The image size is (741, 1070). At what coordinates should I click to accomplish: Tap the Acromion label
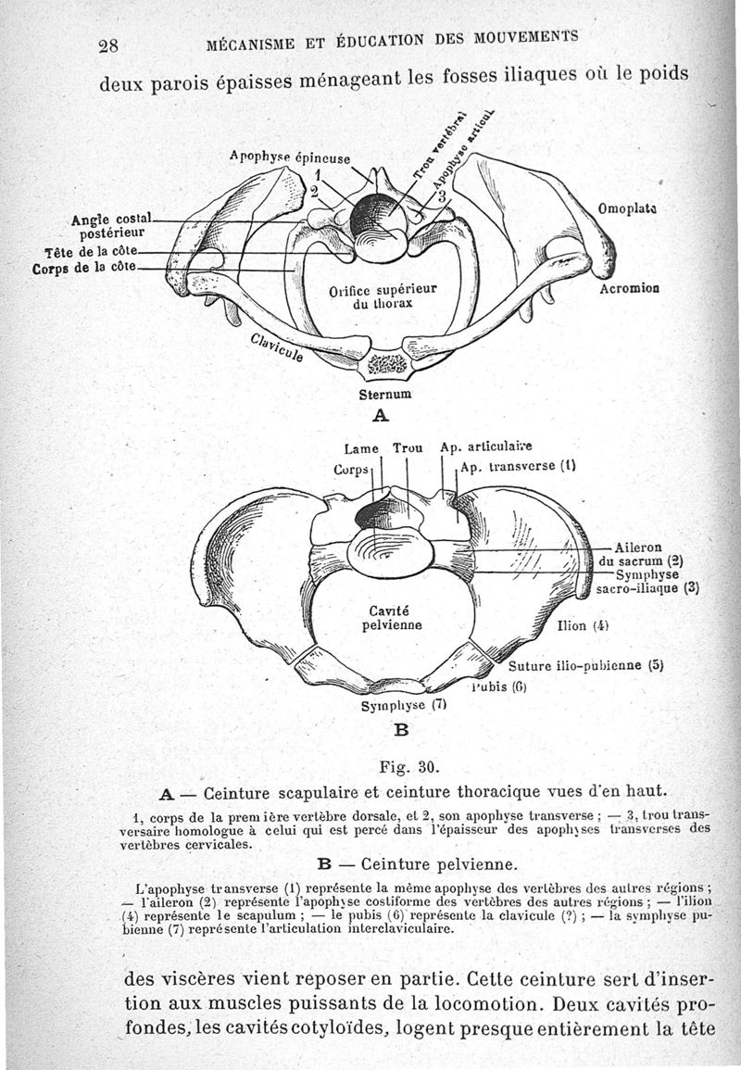click(629, 288)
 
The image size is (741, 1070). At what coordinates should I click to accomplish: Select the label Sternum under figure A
click(384, 394)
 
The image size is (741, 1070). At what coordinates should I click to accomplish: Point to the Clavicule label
click(273, 350)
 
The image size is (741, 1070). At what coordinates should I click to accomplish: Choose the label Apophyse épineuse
click(289, 157)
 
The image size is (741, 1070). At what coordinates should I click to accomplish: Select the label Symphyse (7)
click(404, 703)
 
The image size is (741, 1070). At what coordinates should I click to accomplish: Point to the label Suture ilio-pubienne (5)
click(587, 665)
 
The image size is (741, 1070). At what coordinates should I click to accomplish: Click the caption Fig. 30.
click(408, 767)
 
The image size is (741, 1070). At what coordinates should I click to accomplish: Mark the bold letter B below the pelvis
click(401, 729)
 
